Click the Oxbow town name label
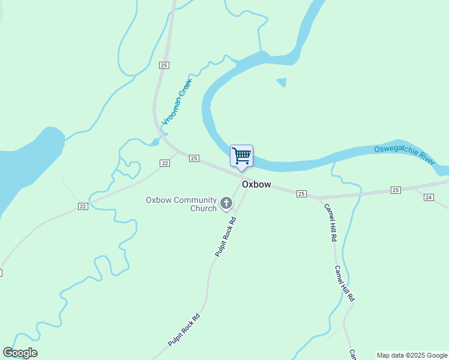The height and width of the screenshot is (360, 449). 257,184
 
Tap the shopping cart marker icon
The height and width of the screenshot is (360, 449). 241,156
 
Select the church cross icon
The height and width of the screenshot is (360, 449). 226,203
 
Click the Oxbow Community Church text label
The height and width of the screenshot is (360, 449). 181,204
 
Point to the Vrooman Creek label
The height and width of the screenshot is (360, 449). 176,101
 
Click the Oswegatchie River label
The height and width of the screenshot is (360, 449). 405,155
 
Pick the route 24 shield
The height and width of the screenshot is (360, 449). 429,197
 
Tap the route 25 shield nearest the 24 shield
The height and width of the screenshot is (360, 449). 395,190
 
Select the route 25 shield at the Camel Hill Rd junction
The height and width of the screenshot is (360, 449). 301,193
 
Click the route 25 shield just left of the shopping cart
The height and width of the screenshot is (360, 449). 193,158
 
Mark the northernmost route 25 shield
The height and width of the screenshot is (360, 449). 164,65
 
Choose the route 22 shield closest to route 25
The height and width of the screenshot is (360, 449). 164,163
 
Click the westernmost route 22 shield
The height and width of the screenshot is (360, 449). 83,206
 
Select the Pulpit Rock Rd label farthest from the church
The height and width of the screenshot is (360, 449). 184,331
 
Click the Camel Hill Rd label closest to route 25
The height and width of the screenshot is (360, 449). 331,223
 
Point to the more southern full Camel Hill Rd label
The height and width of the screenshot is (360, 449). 345,283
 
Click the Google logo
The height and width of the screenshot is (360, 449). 20,353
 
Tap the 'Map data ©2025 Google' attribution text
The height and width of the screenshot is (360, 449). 412,355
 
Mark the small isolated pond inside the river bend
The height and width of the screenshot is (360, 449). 282,82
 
